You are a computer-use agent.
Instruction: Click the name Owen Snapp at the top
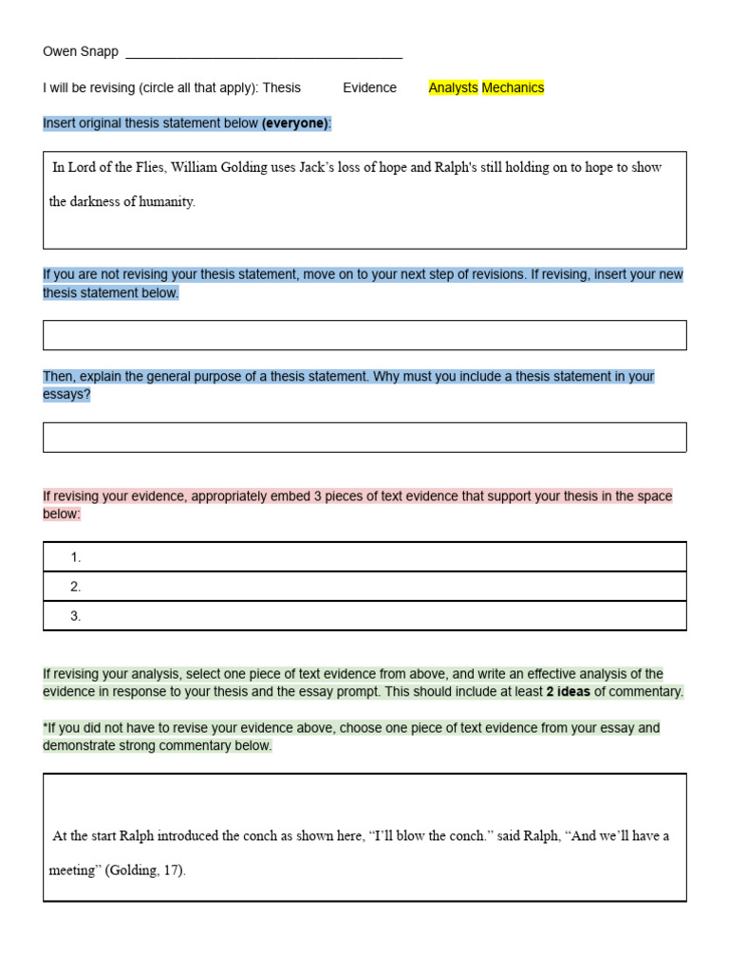81,52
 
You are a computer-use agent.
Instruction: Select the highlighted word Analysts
453,87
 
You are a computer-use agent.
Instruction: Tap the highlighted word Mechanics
513,87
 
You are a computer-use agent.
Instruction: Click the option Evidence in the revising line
369,87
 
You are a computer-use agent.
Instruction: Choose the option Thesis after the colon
281,87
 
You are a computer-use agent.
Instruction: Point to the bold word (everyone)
294,123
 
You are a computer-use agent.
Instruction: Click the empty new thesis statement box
364,335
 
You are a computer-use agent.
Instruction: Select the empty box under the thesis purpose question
364,437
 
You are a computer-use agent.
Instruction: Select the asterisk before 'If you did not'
46,728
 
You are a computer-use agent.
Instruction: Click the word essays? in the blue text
66,395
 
